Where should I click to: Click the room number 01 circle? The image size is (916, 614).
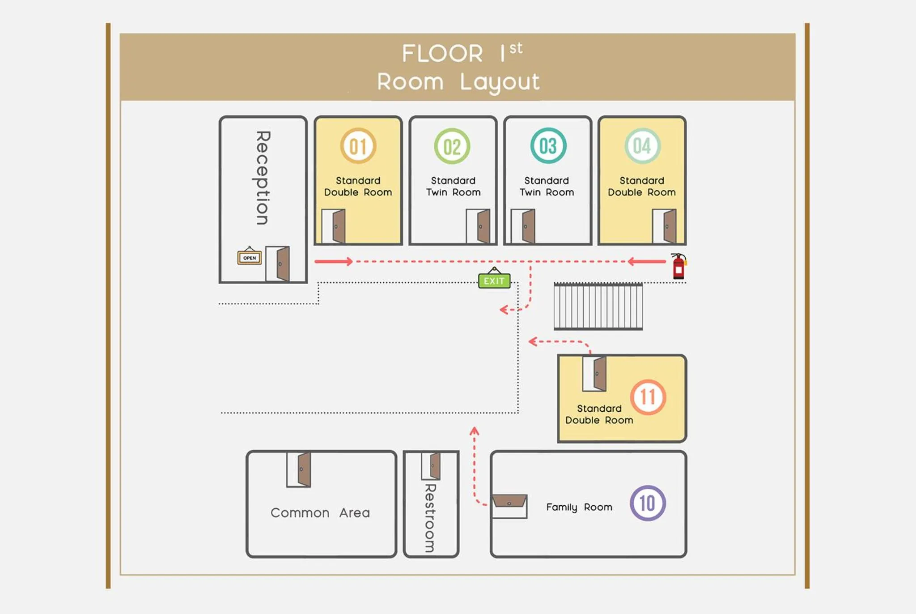(358, 146)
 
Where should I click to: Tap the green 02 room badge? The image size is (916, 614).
(452, 146)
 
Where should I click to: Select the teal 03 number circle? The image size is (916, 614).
(548, 146)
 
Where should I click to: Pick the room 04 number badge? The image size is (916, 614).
(642, 146)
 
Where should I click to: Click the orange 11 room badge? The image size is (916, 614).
(648, 397)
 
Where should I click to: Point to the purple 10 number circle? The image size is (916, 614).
(647, 503)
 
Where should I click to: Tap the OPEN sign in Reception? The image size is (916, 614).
(249, 257)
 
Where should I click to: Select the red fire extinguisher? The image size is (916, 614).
(679, 266)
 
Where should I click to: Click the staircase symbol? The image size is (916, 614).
(598, 307)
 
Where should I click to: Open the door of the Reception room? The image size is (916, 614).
(278, 264)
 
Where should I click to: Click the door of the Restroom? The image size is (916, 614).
(431, 465)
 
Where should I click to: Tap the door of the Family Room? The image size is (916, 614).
(509, 506)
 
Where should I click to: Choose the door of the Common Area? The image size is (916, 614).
(299, 469)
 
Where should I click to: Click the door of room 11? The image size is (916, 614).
(594, 373)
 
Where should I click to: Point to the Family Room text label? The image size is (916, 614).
(579, 507)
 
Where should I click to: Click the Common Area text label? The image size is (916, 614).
(320, 512)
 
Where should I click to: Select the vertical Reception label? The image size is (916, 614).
(263, 177)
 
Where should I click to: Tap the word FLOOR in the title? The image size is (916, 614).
(442, 54)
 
